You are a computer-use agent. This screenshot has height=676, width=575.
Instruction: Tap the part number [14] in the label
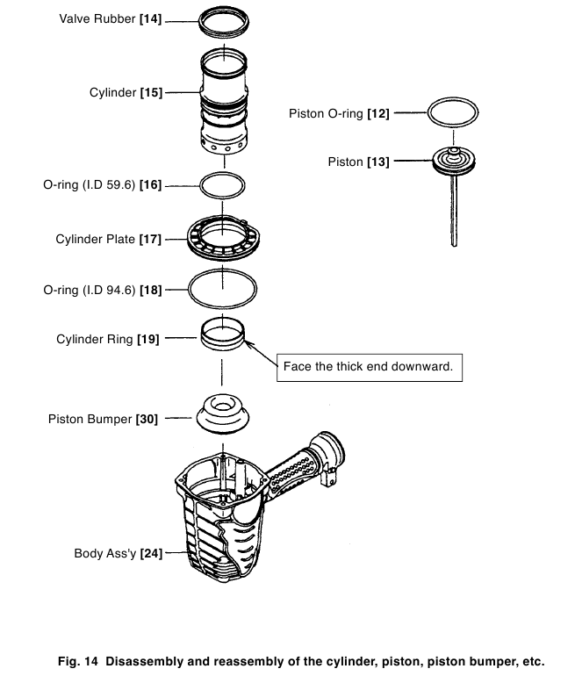click(150, 18)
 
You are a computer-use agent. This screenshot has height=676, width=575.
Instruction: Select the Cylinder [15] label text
click(126, 91)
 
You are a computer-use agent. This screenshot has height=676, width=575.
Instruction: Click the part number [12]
click(379, 113)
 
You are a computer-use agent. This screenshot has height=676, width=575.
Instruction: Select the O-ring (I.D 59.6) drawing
click(223, 185)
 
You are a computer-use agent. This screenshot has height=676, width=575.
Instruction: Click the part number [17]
click(150, 239)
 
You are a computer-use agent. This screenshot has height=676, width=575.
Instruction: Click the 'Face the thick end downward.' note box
click(368, 367)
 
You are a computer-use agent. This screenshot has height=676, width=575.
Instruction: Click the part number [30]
click(147, 419)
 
